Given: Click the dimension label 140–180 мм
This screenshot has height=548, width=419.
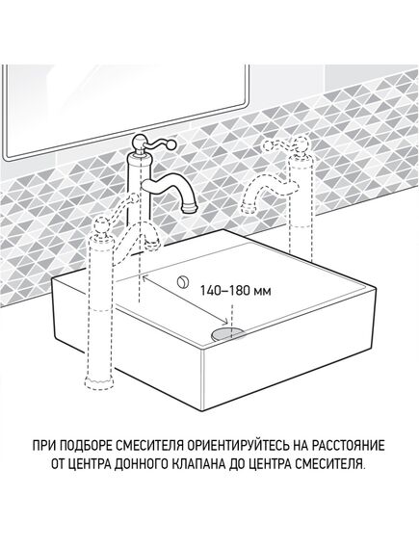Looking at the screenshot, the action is (x=235, y=291).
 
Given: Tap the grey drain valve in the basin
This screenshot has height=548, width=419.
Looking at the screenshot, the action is (x=228, y=334).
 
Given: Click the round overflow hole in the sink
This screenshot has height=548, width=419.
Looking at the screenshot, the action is (x=182, y=281).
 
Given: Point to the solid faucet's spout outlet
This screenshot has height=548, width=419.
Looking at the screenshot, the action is (x=189, y=209).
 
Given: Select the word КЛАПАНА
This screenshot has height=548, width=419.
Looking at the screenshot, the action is (x=198, y=465).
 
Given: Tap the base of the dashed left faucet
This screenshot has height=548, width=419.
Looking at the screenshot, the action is (x=99, y=382).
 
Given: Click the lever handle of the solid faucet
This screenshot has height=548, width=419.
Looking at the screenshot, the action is (x=161, y=143).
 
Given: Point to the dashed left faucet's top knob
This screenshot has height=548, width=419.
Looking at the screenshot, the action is (x=101, y=223).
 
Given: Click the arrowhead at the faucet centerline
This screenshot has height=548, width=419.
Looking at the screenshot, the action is (x=144, y=277).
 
